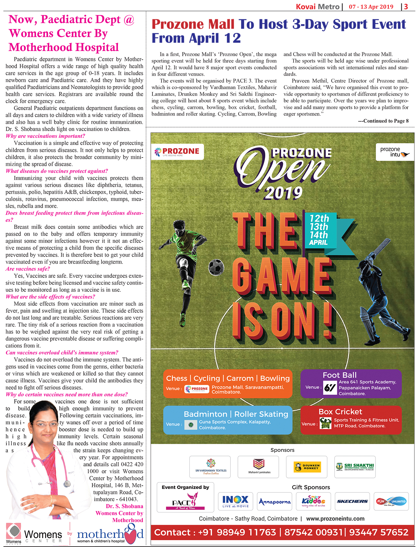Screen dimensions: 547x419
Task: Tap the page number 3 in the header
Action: [406, 6]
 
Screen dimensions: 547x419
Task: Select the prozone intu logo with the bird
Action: [395, 152]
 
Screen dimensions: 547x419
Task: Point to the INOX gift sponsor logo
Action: [235, 501]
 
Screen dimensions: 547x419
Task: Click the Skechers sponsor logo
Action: [352, 501]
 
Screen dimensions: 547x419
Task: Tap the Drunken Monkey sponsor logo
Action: [307, 467]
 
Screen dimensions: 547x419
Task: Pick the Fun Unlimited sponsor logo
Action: [391, 501]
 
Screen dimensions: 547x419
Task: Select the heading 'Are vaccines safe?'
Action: [28, 269]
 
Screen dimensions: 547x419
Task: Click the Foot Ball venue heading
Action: [340, 375]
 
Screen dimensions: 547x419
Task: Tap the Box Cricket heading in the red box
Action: [340, 411]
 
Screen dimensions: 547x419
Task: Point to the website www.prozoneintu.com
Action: [335, 519]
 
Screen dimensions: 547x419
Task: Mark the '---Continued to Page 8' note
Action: [383, 121]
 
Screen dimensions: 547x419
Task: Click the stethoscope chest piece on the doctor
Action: [67, 483]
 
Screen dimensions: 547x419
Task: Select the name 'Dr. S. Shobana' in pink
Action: [124, 506]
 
